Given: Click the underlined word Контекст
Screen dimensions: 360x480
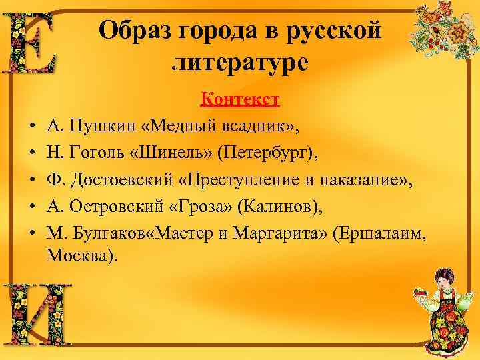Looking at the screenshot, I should [240, 100].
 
